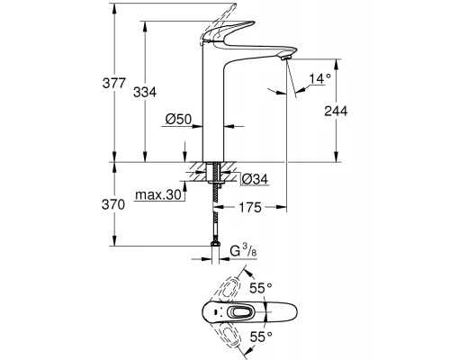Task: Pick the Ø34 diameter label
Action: pyautogui.click(x=256, y=180)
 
